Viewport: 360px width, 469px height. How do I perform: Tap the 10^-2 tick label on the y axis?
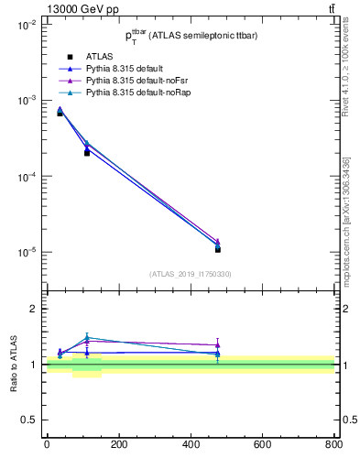coord(26,25)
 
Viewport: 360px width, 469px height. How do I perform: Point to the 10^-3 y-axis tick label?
coord(26,101)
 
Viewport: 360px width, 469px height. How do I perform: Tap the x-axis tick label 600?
coord(262,443)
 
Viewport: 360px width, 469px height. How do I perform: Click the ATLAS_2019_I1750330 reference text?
coord(190,274)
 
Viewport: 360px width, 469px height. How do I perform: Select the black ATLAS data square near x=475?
coord(217,249)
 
